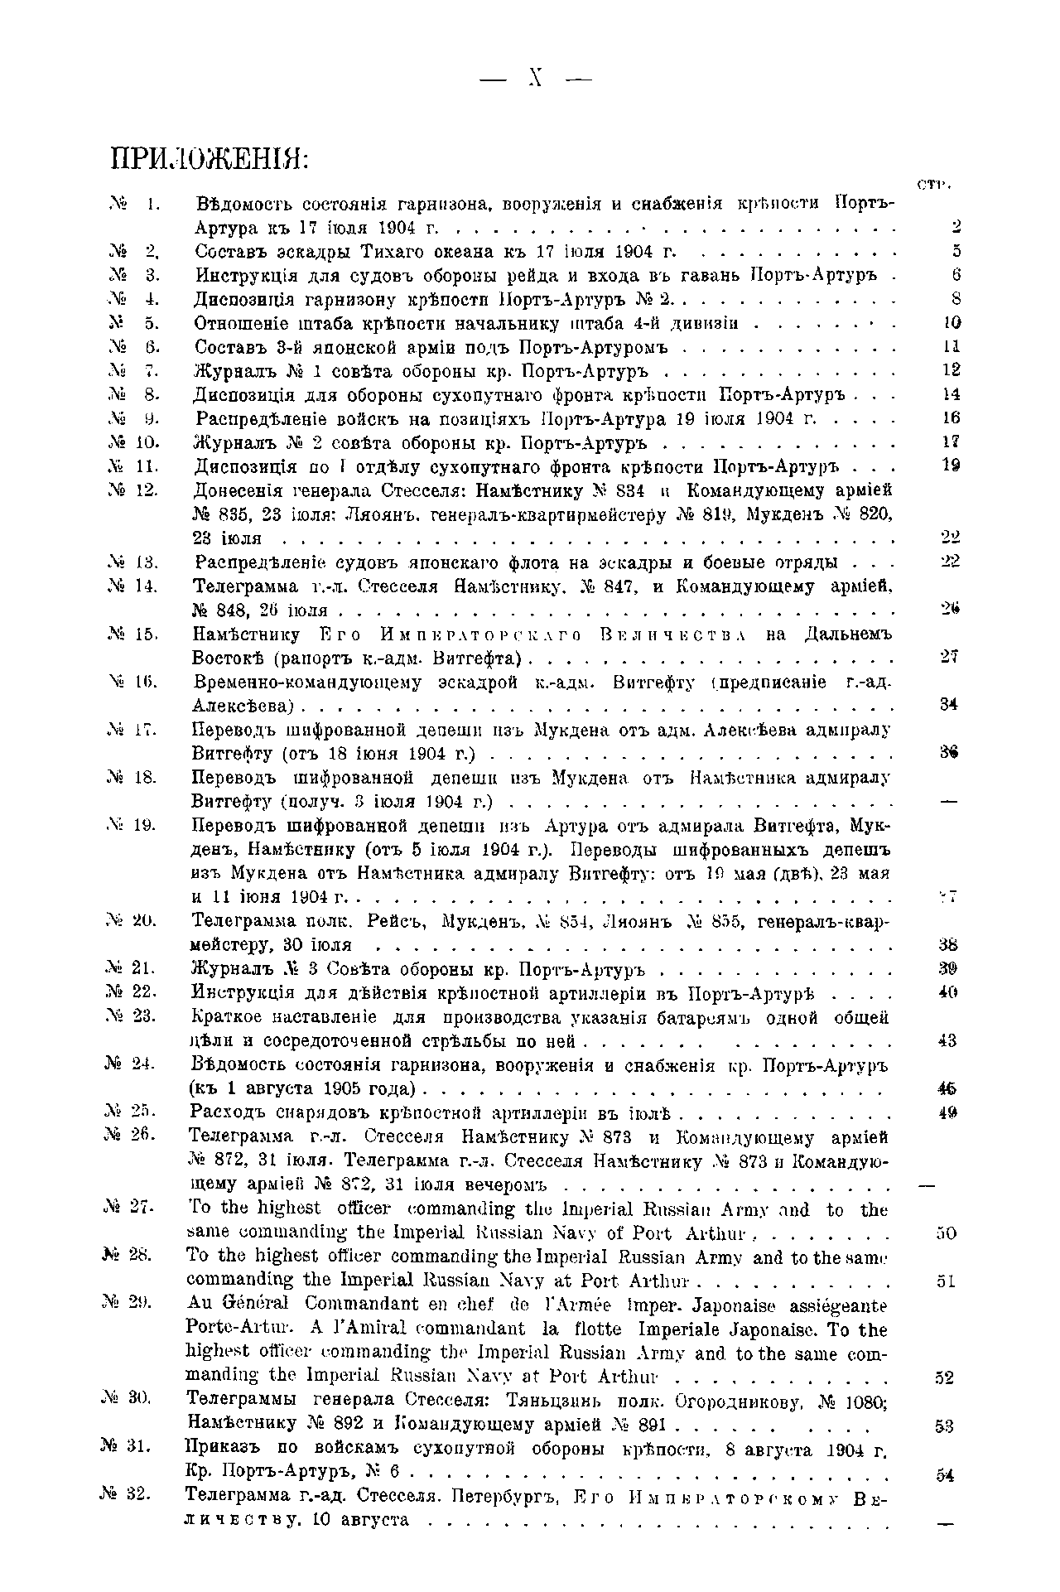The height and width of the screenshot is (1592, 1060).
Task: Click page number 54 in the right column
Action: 946,1475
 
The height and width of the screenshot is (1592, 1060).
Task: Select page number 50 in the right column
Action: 946,1233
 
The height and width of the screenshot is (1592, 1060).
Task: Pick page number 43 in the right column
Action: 947,1042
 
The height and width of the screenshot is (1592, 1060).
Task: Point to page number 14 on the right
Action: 951,395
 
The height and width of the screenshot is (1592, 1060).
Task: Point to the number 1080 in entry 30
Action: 865,1402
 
